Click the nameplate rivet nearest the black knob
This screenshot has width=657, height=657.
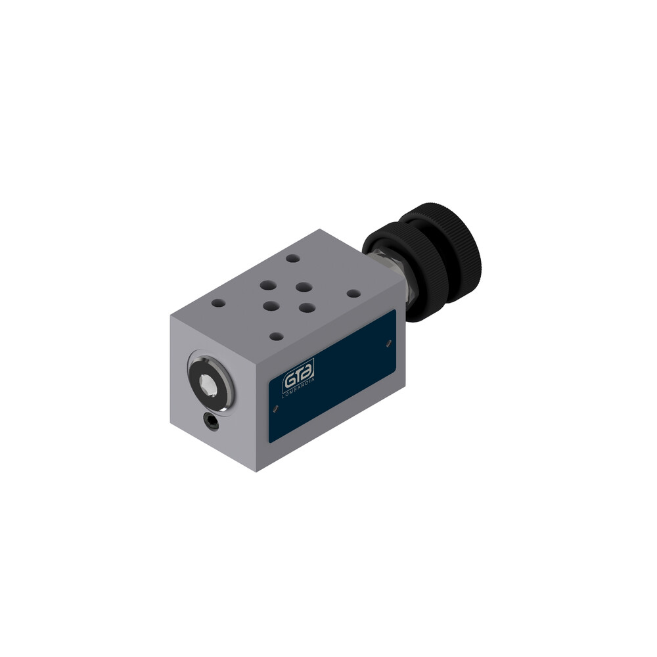(x=390, y=342)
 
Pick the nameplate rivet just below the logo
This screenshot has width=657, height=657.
(x=275, y=408)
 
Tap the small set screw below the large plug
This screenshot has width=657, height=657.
(x=212, y=422)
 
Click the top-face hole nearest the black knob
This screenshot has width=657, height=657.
(x=353, y=293)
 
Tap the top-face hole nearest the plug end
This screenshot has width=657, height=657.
(x=218, y=304)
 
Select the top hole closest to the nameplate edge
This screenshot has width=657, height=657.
(x=277, y=336)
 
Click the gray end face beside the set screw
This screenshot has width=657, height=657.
(x=191, y=434)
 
